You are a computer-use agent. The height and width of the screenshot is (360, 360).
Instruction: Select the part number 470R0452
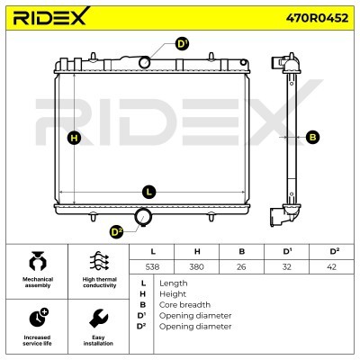coord(317,18)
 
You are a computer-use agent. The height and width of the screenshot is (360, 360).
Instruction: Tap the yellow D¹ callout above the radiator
coord(182,44)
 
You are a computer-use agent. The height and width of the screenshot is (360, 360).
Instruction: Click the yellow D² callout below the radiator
coord(116,232)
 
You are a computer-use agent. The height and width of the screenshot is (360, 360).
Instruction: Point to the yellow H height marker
coord(74,139)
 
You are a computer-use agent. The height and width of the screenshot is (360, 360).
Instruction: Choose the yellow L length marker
coord(149,192)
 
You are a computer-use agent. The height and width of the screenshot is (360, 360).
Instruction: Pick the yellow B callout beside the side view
coord(312,137)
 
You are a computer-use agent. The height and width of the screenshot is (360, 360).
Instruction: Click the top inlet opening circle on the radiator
coord(145,62)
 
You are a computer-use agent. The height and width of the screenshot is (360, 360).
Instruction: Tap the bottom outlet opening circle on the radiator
coord(144,217)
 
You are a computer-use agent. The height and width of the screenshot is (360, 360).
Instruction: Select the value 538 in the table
coord(152,266)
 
